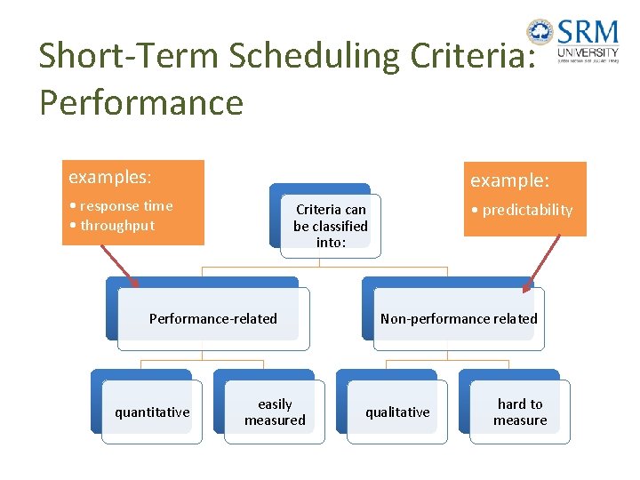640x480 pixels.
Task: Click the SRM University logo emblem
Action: [540, 32]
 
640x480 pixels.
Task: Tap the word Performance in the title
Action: [141, 102]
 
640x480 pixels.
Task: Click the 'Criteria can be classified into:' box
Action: [331, 226]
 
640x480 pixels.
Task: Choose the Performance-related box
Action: [213, 318]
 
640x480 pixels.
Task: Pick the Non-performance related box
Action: [459, 318]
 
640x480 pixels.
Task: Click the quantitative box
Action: [152, 412]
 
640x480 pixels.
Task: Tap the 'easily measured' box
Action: [275, 412]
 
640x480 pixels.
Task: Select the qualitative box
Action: [397, 412]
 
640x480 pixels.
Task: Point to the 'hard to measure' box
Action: [520, 412]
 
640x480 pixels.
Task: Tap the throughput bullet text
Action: [116, 226]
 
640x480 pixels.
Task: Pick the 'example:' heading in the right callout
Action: [510, 180]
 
